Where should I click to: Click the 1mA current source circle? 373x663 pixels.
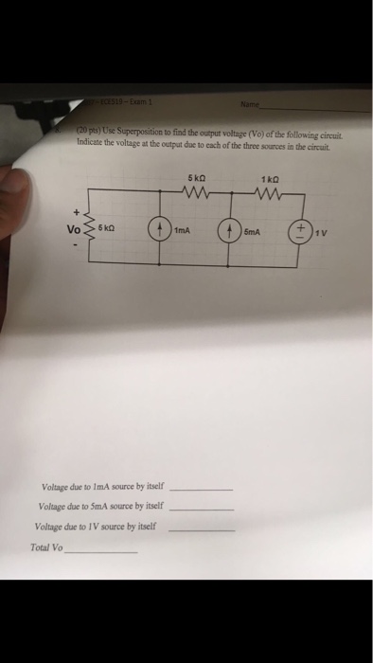(162, 231)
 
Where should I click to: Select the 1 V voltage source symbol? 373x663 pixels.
(299, 231)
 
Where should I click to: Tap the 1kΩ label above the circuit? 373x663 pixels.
(267, 181)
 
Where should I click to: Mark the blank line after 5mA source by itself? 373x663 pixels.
(200, 509)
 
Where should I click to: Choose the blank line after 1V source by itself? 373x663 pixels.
(200, 529)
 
